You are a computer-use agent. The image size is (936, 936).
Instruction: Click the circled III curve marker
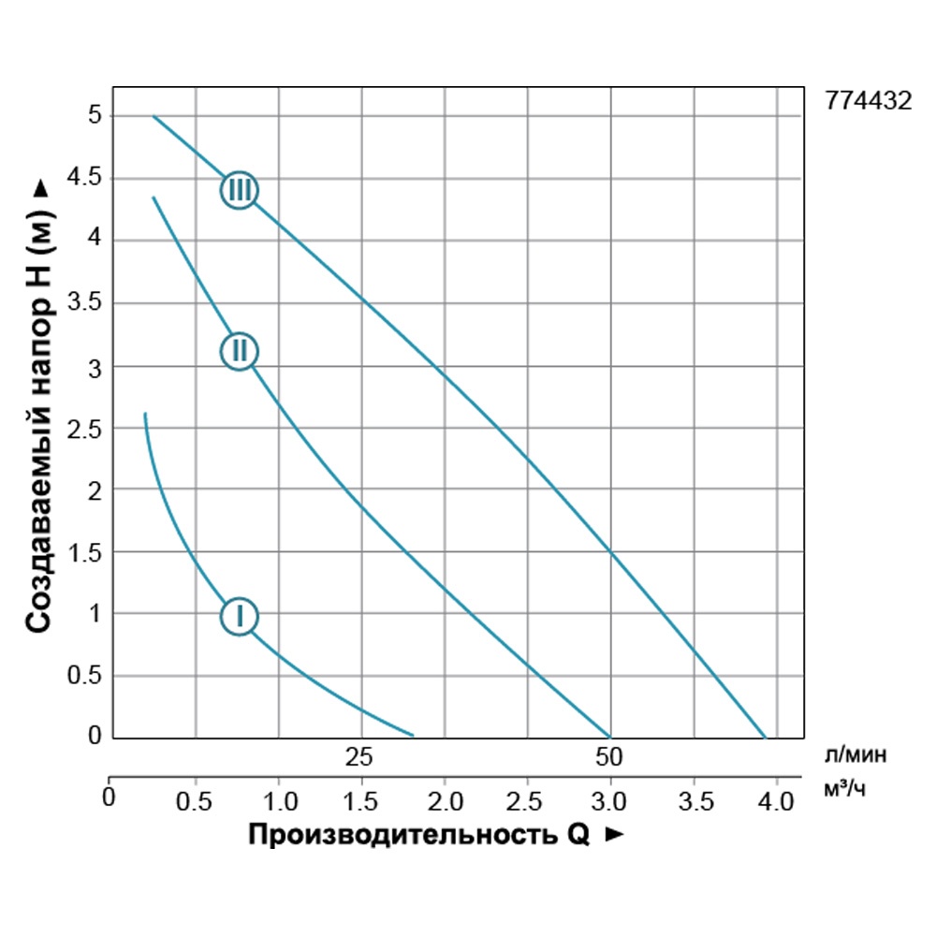[x=240, y=190]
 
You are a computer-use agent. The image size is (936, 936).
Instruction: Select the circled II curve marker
[x=240, y=351]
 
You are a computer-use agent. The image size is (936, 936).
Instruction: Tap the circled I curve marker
[x=240, y=616]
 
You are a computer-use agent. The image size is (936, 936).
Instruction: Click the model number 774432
[x=869, y=102]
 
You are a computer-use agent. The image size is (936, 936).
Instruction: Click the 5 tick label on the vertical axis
[x=94, y=116]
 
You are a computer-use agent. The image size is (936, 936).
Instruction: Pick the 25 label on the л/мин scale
[x=359, y=756]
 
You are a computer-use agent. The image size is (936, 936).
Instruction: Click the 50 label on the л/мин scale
[x=609, y=756]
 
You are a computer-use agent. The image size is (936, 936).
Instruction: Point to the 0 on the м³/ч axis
[x=110, y=798]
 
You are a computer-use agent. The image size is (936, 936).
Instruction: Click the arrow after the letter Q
[x=615, y=835]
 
